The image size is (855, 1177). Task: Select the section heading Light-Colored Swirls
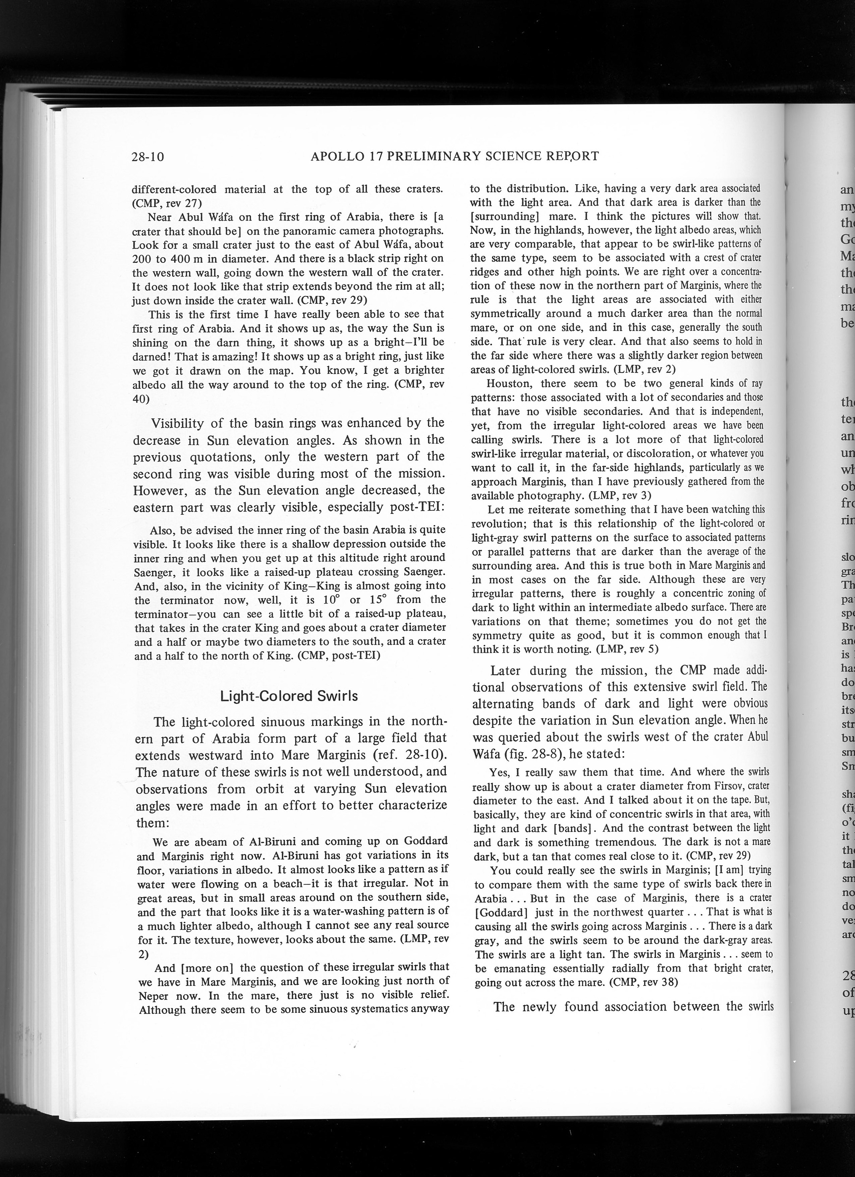(289, 696)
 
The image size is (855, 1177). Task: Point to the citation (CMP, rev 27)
(163, 203)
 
